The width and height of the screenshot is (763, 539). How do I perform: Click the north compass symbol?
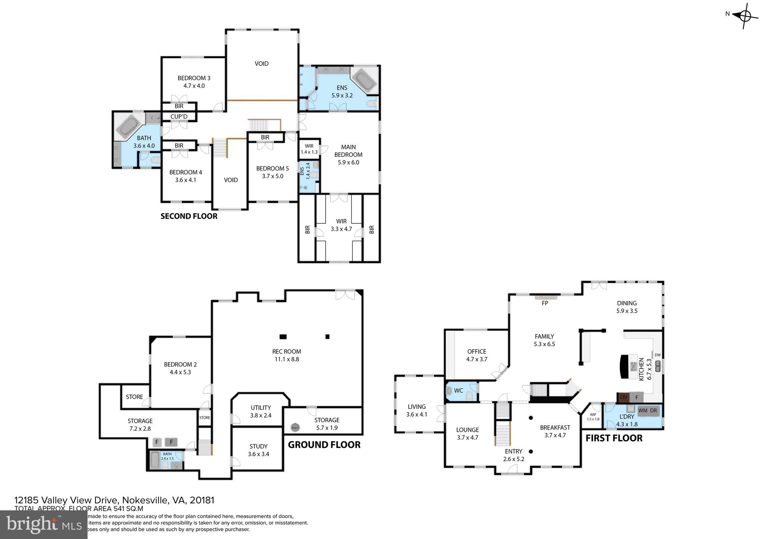pos(744,16)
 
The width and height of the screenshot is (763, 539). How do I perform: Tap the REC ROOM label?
pos(286,351)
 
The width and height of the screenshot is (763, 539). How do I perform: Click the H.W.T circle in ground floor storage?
pos(295,428)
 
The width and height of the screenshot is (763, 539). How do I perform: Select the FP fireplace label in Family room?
pos(545,303)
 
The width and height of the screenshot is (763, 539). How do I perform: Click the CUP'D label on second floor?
pos(179,117)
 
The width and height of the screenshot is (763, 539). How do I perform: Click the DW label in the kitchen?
pos(658,355)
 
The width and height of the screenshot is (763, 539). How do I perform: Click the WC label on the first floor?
pos(458,390)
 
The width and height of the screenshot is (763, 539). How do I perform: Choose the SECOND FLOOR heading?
pos(189,216)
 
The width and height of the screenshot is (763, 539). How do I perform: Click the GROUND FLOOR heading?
pos(324,445)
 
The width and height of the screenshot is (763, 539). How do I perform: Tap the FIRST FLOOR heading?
pos(614,438)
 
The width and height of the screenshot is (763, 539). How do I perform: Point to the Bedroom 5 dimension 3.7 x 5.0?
pos(272,176)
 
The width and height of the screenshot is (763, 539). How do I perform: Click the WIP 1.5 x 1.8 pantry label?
pos(593,417)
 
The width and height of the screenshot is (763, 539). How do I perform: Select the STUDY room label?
pos(258,446)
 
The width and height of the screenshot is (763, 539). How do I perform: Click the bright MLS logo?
pos(44,524)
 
